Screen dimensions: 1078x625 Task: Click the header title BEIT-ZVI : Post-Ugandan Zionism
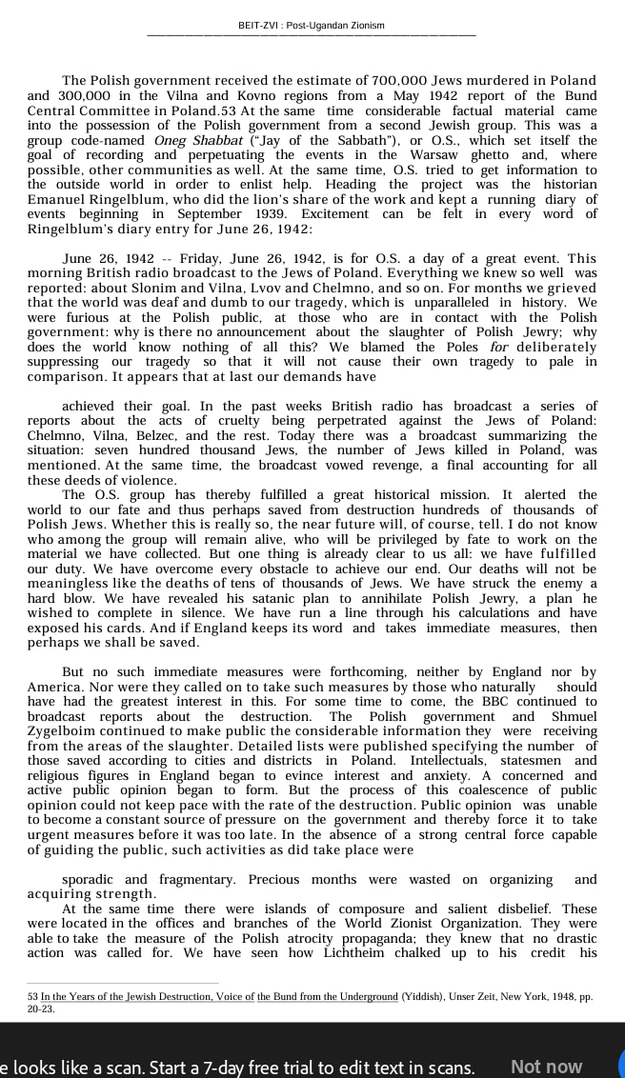click(x=312, y=26)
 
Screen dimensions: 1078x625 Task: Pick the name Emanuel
click(x=59, y=199)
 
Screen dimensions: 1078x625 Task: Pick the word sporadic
click(x=90, y=880)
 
